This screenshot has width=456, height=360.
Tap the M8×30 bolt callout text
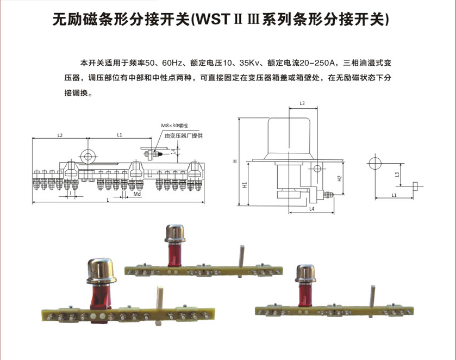pos(174,125)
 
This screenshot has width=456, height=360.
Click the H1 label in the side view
pos(246,185)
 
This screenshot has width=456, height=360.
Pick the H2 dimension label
pos(339,178)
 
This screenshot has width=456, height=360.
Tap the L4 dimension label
pos(311,208)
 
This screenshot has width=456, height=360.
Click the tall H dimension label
pos(235,161)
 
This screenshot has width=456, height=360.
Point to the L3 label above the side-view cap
pos(302,103)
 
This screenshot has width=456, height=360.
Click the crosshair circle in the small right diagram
pos(376,163)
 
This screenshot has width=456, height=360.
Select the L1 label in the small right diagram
pos(394,194)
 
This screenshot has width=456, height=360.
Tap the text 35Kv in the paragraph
pos(247,63)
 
